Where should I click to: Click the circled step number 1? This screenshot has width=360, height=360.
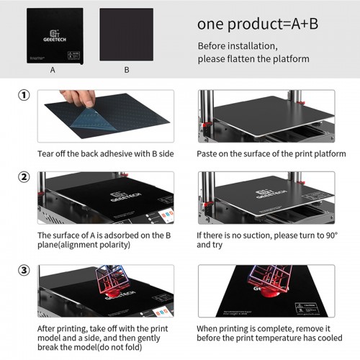click(x=24, y=96)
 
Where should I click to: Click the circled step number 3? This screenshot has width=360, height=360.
click(x=24, y=271)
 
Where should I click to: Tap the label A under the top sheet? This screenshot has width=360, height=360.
click(x=53, y=71)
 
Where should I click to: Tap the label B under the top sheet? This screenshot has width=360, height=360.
click(x=126, y=71)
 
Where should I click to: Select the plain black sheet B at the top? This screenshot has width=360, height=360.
click(x=126, y=35)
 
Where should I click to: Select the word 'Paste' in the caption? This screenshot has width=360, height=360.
click(x=208, y=154)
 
